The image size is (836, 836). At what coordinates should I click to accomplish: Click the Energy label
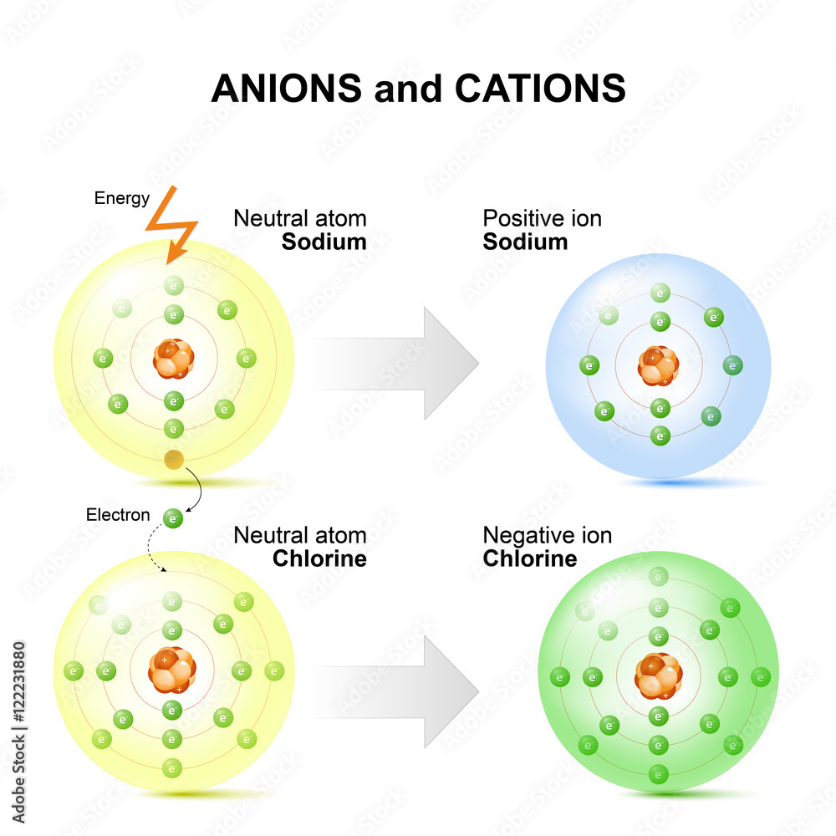point(122,198)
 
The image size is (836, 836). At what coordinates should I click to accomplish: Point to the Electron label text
point(118,514)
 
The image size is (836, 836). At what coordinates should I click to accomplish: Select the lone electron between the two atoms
point(173,518)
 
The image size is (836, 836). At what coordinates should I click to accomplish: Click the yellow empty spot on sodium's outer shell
point(174,459)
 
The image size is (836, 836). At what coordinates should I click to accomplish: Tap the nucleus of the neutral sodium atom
point(174,359)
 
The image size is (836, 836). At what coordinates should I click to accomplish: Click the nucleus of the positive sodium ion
point(659,365)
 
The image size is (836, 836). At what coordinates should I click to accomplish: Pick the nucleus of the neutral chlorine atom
point(172,670)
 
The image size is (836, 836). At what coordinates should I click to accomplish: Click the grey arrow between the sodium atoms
point(393,363)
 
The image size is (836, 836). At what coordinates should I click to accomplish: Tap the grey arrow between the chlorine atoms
point(393,691)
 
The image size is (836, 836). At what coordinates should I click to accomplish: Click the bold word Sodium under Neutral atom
point(324,242)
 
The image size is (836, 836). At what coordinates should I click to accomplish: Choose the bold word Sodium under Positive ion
point(525,242)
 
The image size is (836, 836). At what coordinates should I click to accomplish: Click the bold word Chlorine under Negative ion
point(530,558)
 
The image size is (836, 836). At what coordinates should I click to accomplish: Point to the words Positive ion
point(542,219)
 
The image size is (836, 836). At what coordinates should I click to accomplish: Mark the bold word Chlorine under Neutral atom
point(319,558)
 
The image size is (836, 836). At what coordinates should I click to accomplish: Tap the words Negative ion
point(547,535)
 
